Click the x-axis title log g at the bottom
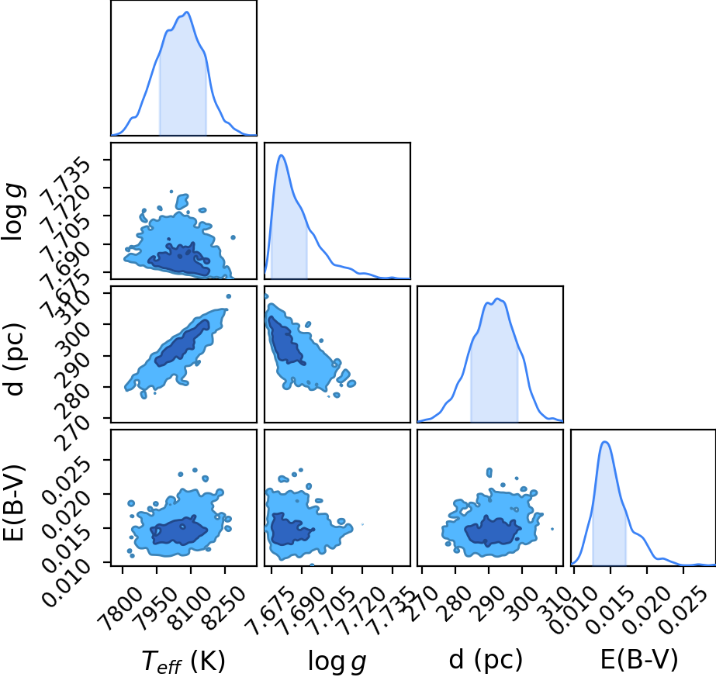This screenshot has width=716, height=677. [337, 661]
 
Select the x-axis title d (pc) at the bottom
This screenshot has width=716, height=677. [486, 660]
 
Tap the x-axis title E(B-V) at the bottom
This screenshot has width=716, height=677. [639, 660]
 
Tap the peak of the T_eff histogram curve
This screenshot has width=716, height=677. [187, 12]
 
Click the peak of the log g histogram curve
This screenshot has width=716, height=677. [282, 156]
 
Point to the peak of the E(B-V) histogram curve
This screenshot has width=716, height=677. [605, 442]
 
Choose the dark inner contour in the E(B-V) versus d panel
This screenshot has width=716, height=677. [493, 531]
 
